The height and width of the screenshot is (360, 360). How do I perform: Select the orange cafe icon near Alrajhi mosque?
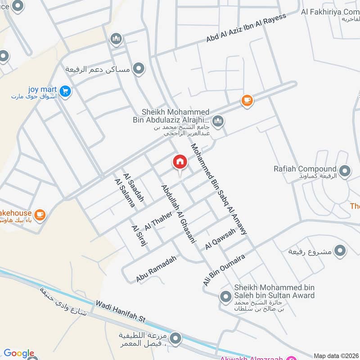point(247,101)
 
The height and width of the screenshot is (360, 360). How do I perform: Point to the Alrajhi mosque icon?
point(218,121)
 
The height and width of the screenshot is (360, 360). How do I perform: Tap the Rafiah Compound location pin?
point(345,171)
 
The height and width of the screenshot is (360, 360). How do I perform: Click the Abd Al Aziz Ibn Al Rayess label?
point(246,28)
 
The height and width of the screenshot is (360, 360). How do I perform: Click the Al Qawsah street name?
point(220,239)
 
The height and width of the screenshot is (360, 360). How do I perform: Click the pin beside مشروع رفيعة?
point(341,250)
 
